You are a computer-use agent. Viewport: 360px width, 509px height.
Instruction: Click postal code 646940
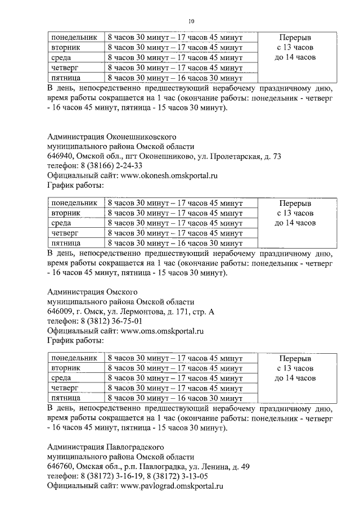point(61,156)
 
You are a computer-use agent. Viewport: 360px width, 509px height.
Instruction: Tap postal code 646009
point(61,312)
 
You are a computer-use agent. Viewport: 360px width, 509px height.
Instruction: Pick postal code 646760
point(61,467)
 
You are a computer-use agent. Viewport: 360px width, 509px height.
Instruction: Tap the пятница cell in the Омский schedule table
point(65,398)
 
